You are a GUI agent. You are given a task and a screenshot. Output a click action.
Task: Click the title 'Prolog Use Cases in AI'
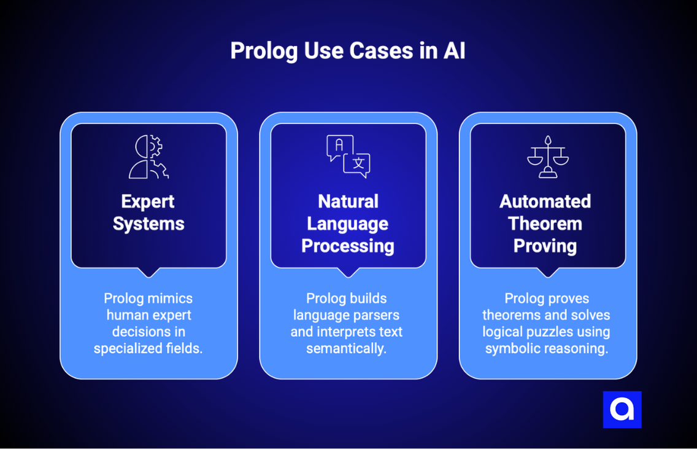[348, 51]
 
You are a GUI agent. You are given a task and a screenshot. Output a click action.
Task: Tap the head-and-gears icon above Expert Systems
[148, 157]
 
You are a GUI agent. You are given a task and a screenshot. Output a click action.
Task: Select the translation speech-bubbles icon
[348, 157]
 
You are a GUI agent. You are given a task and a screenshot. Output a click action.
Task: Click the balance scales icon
[547, 157]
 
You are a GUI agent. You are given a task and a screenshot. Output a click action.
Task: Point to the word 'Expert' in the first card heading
[148, 201]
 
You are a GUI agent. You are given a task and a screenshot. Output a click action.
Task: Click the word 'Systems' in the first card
[148, 224]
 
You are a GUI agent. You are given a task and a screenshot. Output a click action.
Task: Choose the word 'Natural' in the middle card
[348, 201]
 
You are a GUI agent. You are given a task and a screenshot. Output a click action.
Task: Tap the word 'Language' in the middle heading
[348, 224]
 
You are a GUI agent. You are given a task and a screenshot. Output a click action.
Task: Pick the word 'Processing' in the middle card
[348, 246]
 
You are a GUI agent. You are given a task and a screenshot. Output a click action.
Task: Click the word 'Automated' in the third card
[545, 201]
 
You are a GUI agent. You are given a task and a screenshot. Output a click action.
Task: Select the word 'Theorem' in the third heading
[545, 224]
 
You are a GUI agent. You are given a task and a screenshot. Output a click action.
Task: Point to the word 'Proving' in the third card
[545, 246]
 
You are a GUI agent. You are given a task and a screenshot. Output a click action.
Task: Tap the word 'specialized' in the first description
[125, 348]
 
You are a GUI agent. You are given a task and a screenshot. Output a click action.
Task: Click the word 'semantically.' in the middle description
[347, 348]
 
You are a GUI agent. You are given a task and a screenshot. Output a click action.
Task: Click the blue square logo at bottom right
[622, 409]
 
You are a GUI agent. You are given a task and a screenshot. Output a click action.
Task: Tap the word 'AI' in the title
[454, 51]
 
